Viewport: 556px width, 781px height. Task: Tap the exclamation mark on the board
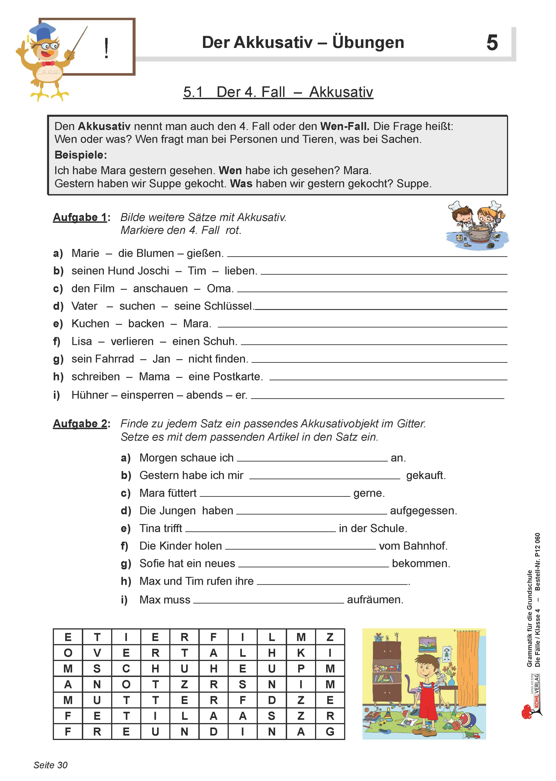point(106,48)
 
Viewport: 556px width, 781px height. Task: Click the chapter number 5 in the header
point(492,43)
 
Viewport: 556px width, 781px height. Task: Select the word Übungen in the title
point(368,42)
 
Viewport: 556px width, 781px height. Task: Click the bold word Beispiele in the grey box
point(81,155)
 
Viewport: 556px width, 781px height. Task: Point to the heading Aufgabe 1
point(80,217)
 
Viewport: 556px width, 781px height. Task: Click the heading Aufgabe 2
point(80,424)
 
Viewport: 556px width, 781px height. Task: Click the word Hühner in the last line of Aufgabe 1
point(90,395)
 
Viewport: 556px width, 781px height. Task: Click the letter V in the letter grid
point(97,653)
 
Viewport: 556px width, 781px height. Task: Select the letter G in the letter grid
point(330,732)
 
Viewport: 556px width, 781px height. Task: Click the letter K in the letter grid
point(301,653)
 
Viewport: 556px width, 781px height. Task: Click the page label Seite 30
point(50,765)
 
